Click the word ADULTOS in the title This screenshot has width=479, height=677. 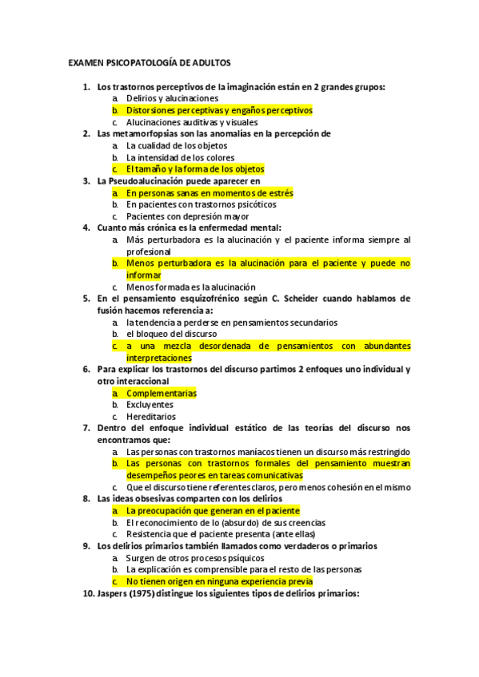coord(210,61)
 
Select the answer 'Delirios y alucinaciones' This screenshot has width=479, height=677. coord(172,98)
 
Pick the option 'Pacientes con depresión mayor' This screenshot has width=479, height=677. coord(187,216)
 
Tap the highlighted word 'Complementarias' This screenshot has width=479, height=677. coord(162,393)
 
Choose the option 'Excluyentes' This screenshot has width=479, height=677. coord(150,405)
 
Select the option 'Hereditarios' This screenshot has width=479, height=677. coord(150,417)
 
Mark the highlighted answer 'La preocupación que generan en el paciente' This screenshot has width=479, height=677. coord(213,510)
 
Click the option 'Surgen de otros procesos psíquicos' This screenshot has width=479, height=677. coord(200,558)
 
